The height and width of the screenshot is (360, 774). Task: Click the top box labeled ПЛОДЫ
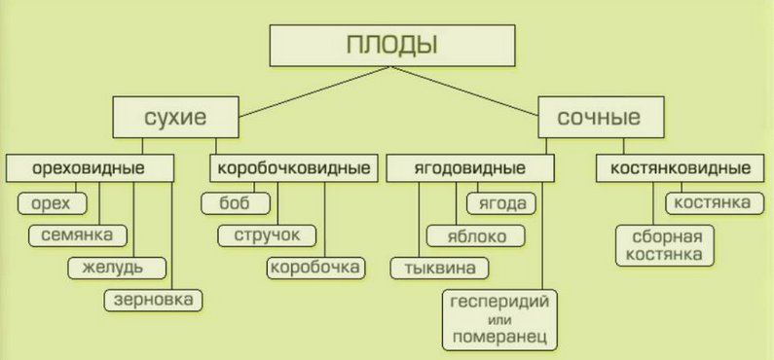tap(392, 46)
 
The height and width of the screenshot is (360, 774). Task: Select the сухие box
tap(175, 117)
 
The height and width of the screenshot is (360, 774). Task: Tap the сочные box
tap(601, 117)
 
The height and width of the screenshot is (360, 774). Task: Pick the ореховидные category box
tap(91, 168)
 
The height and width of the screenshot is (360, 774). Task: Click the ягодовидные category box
tap(469, 168)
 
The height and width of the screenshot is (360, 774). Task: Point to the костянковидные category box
tap(681, 168)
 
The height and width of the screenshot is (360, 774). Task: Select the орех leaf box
tap(52, 203)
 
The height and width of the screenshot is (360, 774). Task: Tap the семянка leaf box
tap(78, 235)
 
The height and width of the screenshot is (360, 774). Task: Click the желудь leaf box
tap(117, 268)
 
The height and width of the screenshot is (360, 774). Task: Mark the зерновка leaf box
tap(153, 300)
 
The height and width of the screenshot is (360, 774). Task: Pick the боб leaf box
tap(236, 203)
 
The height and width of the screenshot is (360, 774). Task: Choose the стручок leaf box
tap(267, 235)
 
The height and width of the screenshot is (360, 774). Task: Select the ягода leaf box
tap(501, 203)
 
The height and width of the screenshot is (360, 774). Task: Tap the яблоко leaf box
tap(476, 235)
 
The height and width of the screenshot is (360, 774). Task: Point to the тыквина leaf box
tap(440, 268)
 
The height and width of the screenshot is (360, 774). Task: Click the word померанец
tap(499, 338)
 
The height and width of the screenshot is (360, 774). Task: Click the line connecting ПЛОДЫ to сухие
tap(315, 91)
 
